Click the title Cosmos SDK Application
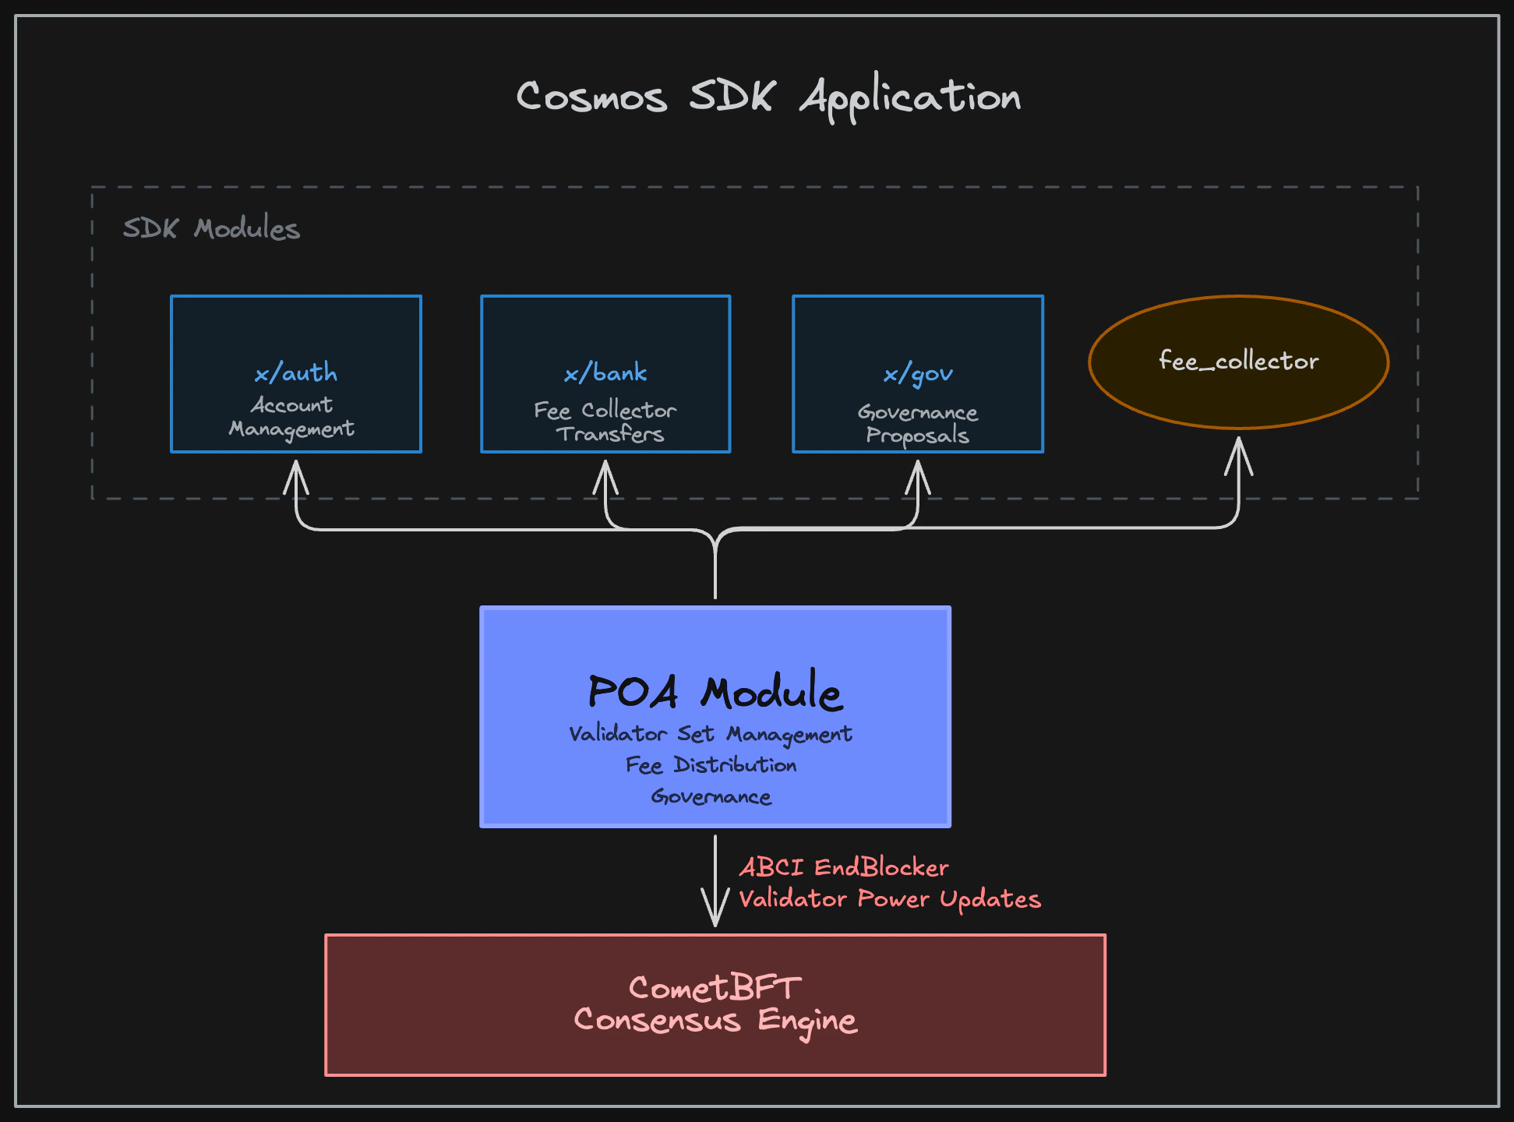pyautogui.click(x=768, y=97)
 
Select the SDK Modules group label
pyautogui.click(x=211, y=228)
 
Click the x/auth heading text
pyautogui.click(x=296, y=373)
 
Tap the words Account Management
pyautogui.click(x=291, y=417)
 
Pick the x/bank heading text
pyautogui.click(x=605, y=373)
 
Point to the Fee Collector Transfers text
pyautogui.click(x=606, y=422)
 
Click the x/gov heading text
pyautogui.click(x=918, y=375)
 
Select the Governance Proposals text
pyautogui.click(x=918, y=423)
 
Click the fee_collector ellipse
pyautogui.click(x=1238, y=361)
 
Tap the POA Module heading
pyautogui.click(x=715, y=692)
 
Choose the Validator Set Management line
pyautogui.click(x=711, y=734)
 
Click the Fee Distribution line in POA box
pyautogui.click(x=711, y=765)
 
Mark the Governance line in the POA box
pyautogui.click(x=711, y=796)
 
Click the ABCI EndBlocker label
pyautogui.click(x=844, y=867)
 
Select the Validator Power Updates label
pyautogui.click(x=889, y=899)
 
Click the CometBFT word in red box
pyautogui.click(x=715, y=988)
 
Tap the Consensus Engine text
pyautogui.click(x=715, y=1020)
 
